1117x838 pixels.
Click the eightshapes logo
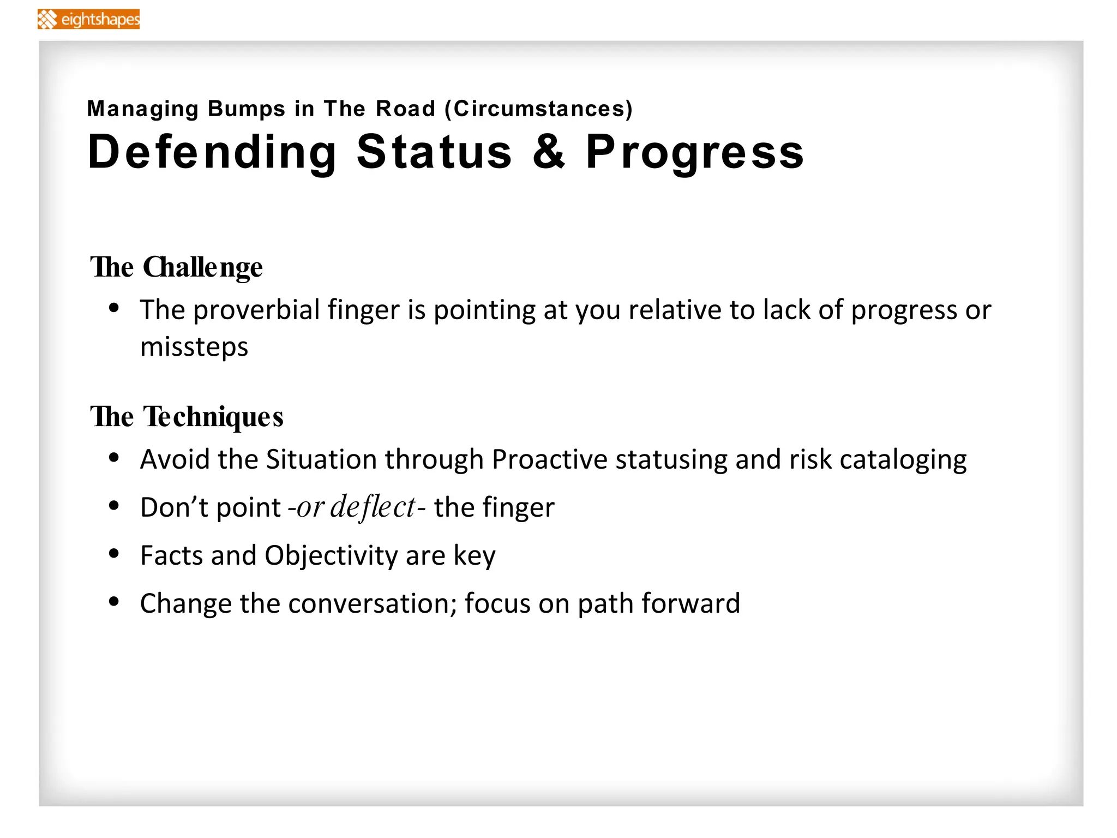click(x=89, y=20)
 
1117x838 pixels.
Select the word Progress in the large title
click(x=694, y=153)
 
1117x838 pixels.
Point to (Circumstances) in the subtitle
click(x=538, y=109)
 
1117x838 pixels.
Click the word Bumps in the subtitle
click(x=247, y=109)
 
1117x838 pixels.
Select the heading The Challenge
click(x=176, y=268)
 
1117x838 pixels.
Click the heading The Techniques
click(x=187, y=417)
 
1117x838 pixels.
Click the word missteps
click(x=194, y=347)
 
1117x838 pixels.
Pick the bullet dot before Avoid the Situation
click(x=114, y=458)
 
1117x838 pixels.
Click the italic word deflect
click(x=373, y=507)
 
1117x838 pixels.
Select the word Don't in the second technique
click(x=174, y=507)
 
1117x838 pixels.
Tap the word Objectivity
click(x=331, y=556)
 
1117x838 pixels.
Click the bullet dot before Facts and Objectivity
click(x=114, y=554)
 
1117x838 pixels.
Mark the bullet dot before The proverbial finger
click(x=114, y=308)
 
